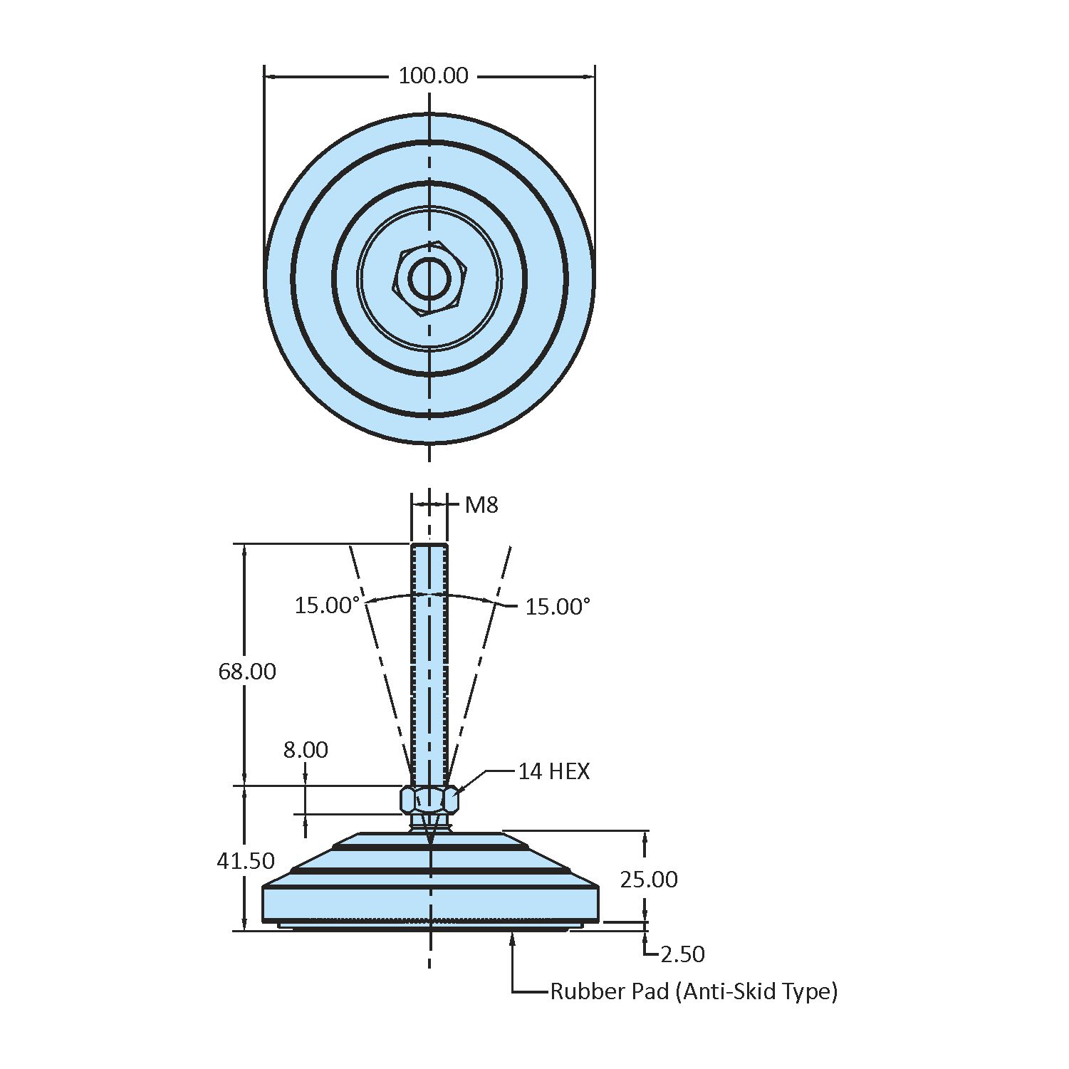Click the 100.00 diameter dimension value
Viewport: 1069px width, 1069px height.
tap(433, 75)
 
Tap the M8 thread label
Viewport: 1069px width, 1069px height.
tap(481, 505)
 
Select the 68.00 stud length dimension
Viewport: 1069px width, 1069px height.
tap(247, 671)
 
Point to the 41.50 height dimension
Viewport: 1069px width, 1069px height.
tap(246, 860)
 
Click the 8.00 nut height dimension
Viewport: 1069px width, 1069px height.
tap(306, 749)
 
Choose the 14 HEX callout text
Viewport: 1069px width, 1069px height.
tap(553, 771)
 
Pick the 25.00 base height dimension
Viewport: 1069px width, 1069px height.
tap(649, 880)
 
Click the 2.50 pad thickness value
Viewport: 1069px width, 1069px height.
tap(682, 954)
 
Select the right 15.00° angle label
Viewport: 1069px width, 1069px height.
tap(558, 607)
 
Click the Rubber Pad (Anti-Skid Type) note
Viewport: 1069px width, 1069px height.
tap(694, 991)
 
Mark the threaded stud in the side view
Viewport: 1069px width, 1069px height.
tap(429, 662)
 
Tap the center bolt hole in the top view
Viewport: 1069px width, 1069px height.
tap(429, 278)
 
